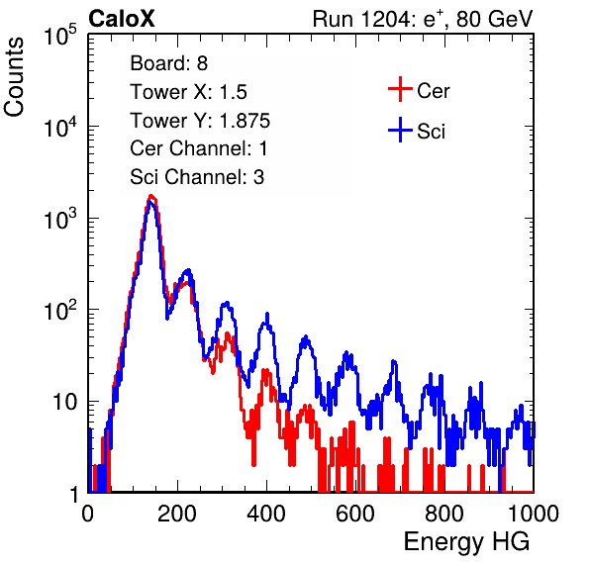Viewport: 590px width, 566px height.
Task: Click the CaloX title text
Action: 122,19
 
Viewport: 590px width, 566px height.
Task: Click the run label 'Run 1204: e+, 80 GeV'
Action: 423,19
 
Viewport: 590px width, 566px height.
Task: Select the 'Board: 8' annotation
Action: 168,63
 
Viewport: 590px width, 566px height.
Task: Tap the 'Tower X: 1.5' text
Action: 188,92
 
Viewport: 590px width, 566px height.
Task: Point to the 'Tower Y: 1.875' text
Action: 200,121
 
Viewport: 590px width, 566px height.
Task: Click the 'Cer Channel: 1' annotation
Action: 199,148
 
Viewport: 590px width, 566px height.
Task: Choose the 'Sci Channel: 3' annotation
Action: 197,177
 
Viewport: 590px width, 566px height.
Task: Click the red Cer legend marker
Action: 400,89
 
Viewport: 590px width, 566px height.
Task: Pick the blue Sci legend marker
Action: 400,130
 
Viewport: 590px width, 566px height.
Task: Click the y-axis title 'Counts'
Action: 14,77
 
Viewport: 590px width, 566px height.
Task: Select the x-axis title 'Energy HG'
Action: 466,542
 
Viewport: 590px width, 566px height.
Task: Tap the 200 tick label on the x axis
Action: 177,514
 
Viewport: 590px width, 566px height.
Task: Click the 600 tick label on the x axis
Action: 355,514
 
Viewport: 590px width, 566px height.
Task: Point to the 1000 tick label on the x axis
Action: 534,514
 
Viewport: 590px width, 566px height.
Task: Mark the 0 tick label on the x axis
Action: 88,514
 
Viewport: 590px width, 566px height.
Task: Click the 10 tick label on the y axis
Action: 64,402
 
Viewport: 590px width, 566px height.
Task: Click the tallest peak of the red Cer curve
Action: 151,196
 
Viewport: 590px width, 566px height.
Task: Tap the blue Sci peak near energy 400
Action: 266,315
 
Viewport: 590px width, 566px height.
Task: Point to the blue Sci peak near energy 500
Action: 306,337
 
